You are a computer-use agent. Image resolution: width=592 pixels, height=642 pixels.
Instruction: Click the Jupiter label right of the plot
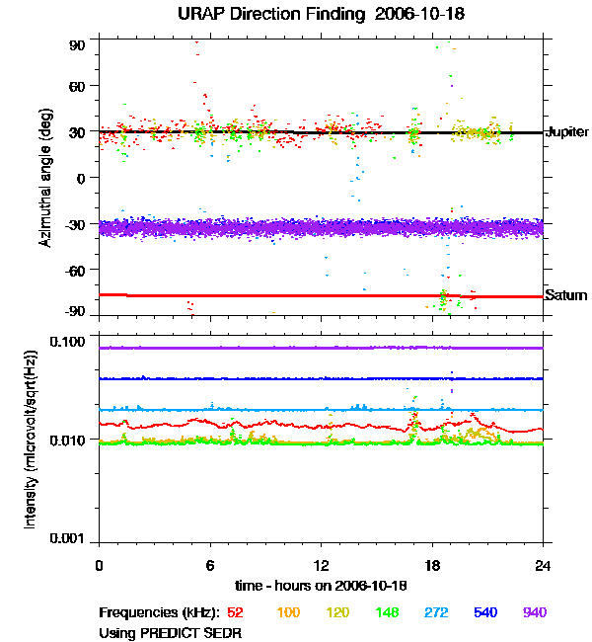[567, 131]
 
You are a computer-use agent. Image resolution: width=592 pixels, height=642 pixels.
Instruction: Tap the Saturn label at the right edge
[566, 295]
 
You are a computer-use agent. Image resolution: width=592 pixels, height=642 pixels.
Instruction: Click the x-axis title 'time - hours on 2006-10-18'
[321, 585]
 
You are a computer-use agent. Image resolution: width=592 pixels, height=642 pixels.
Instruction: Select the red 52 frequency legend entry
[237, 612]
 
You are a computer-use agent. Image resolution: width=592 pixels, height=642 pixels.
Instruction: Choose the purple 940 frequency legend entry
[534, 612]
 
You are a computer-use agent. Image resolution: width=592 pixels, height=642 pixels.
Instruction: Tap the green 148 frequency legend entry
[387, 612]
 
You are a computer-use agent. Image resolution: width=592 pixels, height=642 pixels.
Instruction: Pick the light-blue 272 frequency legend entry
[435, 612]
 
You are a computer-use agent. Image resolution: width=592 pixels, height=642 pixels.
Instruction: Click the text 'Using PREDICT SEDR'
[170, 632]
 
